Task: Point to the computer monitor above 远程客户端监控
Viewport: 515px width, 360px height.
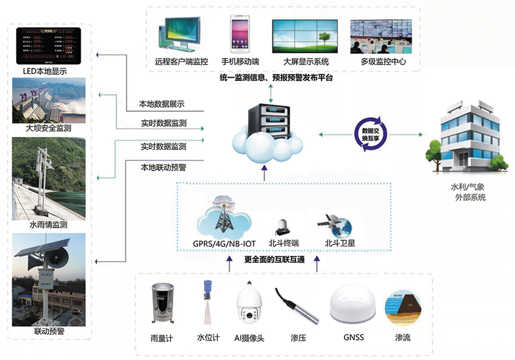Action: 182,34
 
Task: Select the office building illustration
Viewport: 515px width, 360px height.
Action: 466,137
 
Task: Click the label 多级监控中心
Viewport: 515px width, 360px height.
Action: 383,61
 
